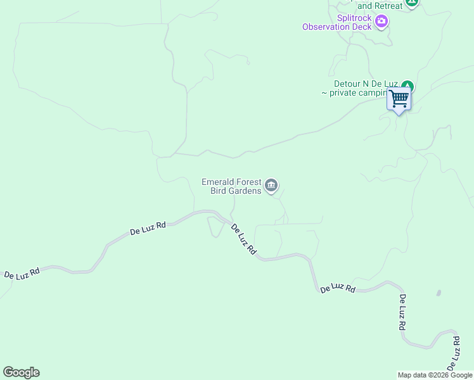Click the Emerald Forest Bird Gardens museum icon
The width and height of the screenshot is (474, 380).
(x=271, y=186)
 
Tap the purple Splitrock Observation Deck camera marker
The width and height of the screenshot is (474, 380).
(x=381, y=22)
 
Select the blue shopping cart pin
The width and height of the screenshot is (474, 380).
(x=399, y=99)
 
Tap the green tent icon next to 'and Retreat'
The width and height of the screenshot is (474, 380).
(x=413, y=3)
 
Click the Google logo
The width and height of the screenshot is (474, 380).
(x=21, y=372)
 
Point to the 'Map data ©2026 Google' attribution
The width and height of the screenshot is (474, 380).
(x=435, y=375)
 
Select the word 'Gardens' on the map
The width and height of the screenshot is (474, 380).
(x=245, y=191)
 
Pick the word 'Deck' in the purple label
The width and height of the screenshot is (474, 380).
(x=363, y=27)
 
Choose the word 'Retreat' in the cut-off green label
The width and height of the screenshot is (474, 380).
(x=388, y=6)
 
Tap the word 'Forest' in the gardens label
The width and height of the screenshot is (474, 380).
(x=250, y=182)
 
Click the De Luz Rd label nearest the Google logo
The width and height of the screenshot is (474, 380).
(x=22, y=274)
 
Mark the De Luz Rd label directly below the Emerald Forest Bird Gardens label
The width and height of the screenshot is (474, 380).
(x=243, y=239)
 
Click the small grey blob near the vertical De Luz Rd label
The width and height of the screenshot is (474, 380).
(x=439, y=293)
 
